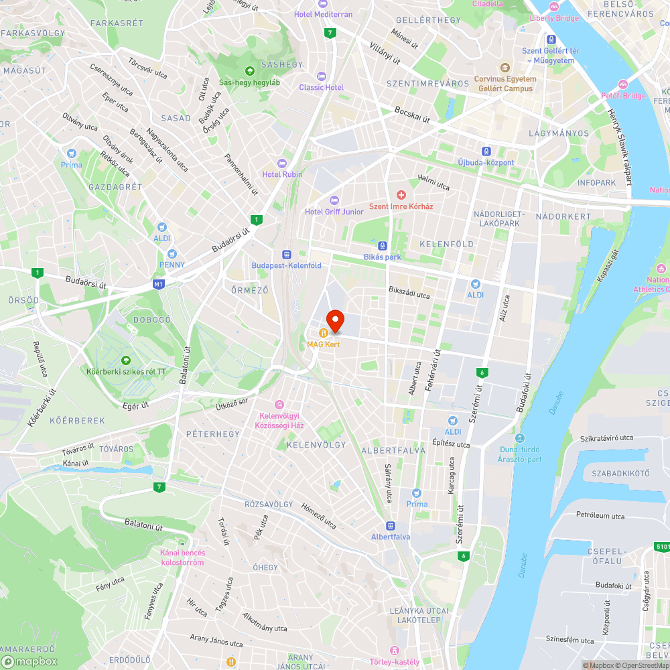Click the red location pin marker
tap(334, 320)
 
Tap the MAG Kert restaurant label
tap(324, 344)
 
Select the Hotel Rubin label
tap(282, 174)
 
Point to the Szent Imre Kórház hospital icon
tap(401, 194)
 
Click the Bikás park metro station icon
tap(383, 246)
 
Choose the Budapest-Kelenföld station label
tap(286, 265)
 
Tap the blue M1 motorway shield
tap(158, 284)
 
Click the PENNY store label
tap(172, 265)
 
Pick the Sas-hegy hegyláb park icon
tap(250, 70)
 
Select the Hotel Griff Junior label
tap(334, 212)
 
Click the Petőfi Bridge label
tap(623, 96)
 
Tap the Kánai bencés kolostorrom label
tap(182, 557)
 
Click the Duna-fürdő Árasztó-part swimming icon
tap(519, 438)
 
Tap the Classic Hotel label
tap(321, 87)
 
